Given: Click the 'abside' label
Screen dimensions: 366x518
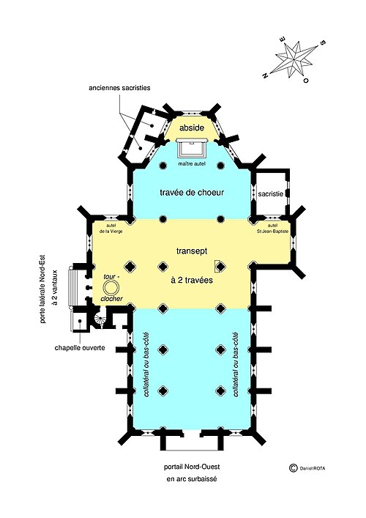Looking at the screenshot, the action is tap(191, 127).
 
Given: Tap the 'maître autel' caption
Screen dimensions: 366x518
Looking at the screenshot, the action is tap(192, 164).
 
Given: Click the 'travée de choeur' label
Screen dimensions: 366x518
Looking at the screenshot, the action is tap(192, 192).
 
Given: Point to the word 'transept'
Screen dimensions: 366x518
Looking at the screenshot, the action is tap(192, 251).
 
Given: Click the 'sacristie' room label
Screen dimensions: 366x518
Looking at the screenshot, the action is tap(271, 194).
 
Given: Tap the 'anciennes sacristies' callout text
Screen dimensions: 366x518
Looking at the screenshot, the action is tap(119, 88).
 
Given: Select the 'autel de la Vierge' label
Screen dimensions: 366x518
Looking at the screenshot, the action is tap(111, 229).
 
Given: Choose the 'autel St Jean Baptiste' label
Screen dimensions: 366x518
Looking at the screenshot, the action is tap(273, 229).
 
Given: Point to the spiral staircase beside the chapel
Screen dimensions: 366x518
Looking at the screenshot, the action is tap(99, 319).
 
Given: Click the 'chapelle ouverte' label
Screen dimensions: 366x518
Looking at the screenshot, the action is tap(80, 347).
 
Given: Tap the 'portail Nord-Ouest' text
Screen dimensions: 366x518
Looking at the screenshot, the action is tap(192, 467).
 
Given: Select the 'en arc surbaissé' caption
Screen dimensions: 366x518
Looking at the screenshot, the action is tap(192, 478).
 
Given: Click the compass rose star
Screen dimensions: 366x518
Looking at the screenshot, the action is tap(294, 59).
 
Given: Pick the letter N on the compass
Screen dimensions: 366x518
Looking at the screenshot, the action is tap(265, 75).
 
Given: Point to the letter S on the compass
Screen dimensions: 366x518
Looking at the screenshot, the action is tap(323, 42).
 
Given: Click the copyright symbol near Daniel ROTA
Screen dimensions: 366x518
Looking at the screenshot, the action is tap(292, 467).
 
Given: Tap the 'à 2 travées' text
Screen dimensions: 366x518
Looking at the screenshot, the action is tap(192, 280).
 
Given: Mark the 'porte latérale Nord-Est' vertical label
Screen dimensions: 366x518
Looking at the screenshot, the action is tap(42, 289).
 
